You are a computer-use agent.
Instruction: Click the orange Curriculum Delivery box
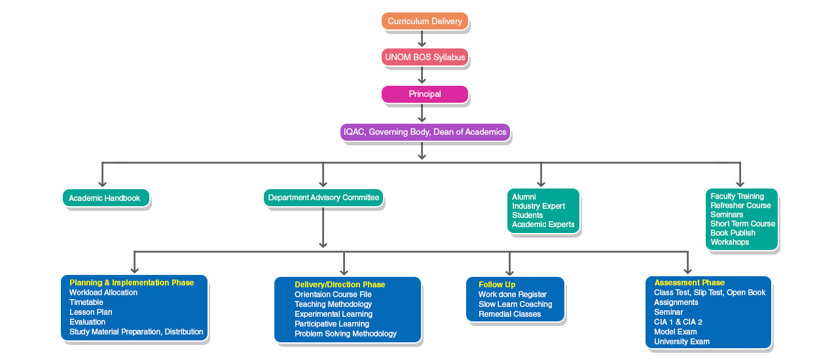pos(425,22)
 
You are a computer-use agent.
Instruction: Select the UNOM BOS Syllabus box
pos(425,58)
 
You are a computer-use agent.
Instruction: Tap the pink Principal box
pos(425,94)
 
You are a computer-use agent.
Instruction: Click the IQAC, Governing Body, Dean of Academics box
pos(425,132)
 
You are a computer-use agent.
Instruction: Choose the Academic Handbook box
pos(105,198)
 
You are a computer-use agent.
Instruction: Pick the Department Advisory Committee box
pos(323,198)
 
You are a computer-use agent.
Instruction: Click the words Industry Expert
pos(538,206)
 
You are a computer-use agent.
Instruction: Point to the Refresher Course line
pos(740,206)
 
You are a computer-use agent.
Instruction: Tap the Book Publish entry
pos(733,233)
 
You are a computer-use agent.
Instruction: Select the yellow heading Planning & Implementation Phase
pos(132,283)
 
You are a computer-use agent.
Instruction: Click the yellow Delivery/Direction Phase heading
pos(340,285)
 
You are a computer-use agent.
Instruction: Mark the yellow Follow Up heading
pos(497,285)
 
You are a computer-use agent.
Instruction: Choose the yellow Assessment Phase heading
pos(689,283)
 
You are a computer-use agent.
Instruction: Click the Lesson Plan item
pos(90,312)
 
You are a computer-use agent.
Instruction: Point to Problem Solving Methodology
pos(346,334)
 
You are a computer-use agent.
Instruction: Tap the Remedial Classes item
pos(509,314)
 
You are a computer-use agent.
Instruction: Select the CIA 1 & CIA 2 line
pos(678,322)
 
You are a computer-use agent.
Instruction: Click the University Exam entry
pos(682,342)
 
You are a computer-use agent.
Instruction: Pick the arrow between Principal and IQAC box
pos(422,113)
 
